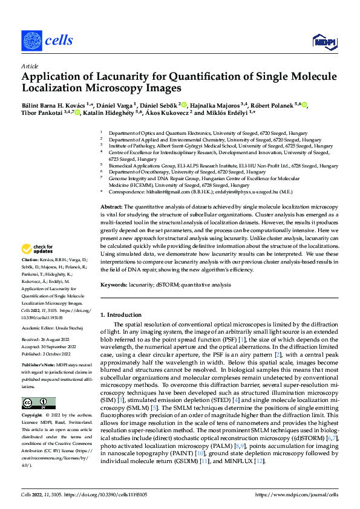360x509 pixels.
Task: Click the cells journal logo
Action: coord(47,40)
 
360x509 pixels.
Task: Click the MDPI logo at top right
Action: coord(324,41)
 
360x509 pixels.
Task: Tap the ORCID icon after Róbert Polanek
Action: coord(305,105)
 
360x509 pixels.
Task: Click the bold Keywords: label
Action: coord(114,284)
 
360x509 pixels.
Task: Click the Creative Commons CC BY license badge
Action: coord(38,404)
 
